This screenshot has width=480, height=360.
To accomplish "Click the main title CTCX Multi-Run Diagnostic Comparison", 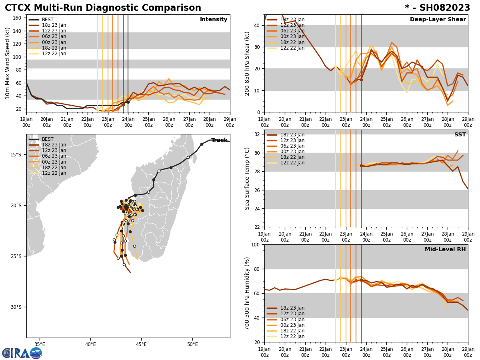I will (x=103, y=8).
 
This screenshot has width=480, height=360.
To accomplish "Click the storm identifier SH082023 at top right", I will (x=437, y=8).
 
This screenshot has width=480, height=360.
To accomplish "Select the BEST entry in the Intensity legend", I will (x=47, y=20).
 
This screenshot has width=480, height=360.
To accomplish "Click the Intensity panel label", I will (x=214, y=20).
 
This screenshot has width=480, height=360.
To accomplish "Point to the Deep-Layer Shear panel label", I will (x=438, y=20).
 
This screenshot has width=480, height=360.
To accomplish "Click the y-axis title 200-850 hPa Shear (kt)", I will (x=248, y=63).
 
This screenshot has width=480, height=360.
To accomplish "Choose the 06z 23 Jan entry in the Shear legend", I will (x=292, y=31).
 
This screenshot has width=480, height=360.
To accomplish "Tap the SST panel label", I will (x=460, y=135).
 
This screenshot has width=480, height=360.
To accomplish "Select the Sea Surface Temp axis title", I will (x=248, y=178).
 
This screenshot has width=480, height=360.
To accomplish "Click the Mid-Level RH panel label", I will (x=445, y=250).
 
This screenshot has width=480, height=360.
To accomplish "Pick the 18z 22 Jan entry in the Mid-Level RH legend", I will (x=292, y=331).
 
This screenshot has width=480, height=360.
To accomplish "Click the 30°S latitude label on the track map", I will (x=16, y=307).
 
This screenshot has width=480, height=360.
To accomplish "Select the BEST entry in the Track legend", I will (x=48, y=139).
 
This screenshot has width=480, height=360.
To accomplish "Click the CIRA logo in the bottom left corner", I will (x=22, y=353).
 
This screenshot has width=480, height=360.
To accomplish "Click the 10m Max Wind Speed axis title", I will (x=8, y=63).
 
